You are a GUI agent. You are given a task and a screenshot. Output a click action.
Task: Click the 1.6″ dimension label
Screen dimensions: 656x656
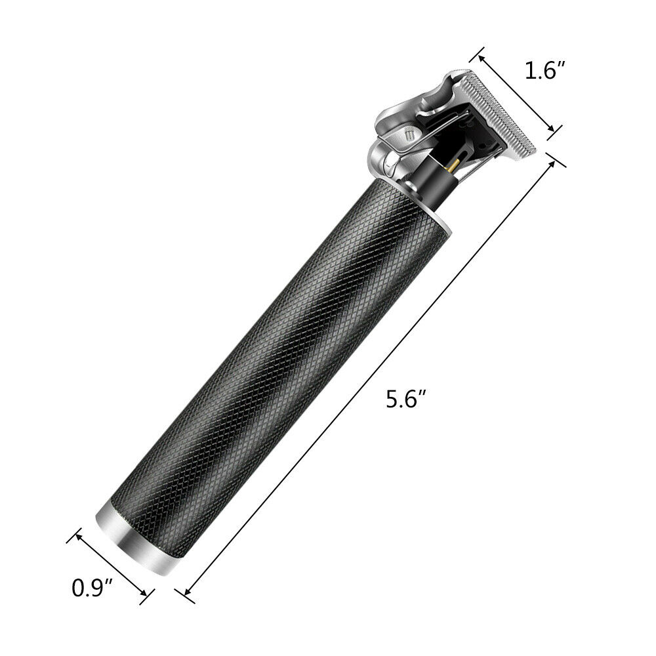545,70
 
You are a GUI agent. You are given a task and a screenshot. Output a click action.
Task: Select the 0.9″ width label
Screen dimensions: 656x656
92,588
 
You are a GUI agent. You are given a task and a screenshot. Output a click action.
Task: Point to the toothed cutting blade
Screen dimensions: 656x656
498,112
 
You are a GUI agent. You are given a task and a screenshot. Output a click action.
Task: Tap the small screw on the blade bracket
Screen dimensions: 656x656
409,135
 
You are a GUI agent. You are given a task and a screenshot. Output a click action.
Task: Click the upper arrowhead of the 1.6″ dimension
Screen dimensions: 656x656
482,58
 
